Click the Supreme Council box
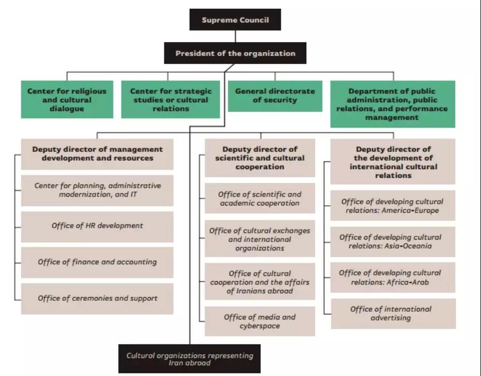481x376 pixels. (235, 20)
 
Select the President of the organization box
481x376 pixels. (235, 53)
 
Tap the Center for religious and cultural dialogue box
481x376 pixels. (67, 100)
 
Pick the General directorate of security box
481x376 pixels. (275, 96)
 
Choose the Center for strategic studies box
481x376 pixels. (171, 100)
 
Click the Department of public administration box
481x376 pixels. (393, 104)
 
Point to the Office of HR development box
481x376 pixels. (97, 227)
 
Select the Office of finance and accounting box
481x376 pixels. (97, 263)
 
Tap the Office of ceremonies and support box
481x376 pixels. (97, 299)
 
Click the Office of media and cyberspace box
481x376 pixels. (260, 321)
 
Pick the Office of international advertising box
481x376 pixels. (393, 314)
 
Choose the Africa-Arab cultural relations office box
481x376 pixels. (393, 277)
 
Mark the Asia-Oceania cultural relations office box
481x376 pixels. (393, 242)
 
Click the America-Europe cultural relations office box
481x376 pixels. (393, 205)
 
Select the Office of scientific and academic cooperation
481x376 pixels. (260, 198)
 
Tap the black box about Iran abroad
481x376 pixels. (190, 359)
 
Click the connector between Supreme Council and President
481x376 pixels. (235, 36)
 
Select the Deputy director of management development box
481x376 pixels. (97, 154)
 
